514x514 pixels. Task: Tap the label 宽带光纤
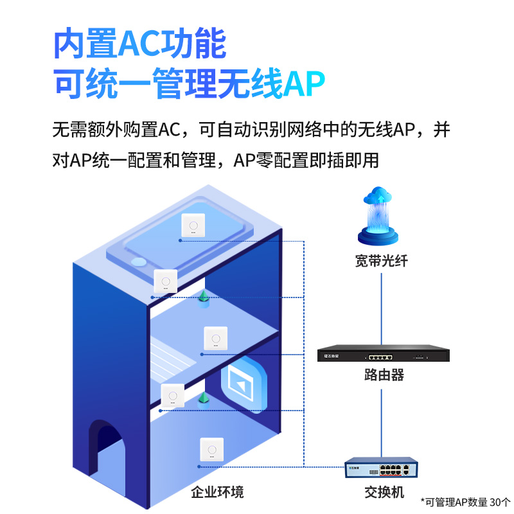[382, 261]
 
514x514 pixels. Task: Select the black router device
[384, 356]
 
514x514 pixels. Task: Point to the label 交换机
[384, 493]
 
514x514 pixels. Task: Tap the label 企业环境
[217, 493]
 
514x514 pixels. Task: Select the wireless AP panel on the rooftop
[191, 225]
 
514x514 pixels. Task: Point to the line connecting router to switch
[383, 418]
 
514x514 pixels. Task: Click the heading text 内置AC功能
[139, 44]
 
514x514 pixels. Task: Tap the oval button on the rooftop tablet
[138, 262]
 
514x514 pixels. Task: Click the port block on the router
[379, 357]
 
